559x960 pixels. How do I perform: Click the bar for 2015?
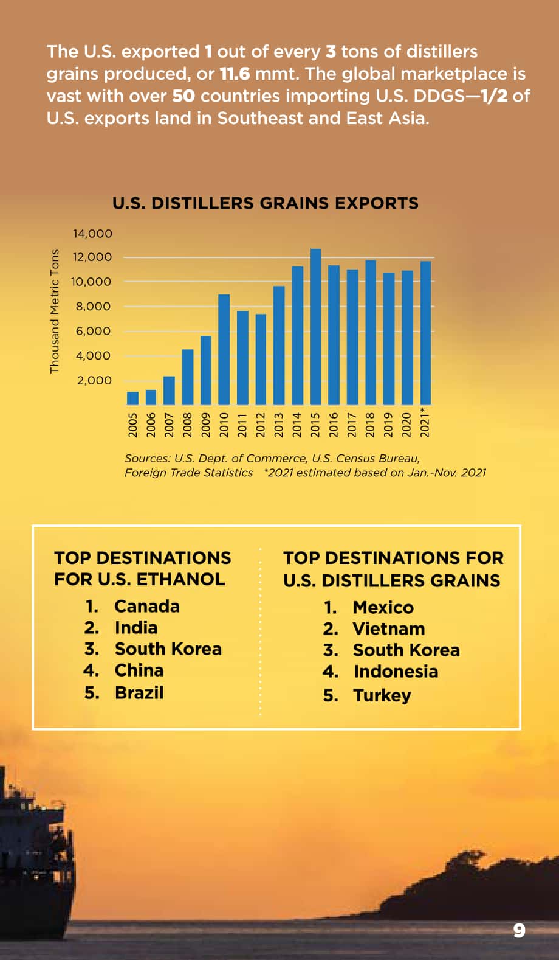[x=315, y=327]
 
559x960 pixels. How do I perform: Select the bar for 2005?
[x=132, y=398]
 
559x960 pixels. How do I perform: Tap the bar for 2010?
[x=224, y=349]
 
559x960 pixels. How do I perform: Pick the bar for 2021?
[x=425, y=333]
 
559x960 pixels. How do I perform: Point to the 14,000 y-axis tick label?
[x=92, y=234]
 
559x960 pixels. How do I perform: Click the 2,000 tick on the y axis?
[x=94, y=381]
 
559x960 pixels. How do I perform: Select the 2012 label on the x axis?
[x=261, y=425]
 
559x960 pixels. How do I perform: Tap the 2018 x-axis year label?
[x=370, y=425]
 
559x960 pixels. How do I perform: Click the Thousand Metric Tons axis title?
[x=54, y=311]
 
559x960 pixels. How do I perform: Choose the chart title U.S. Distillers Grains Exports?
[x=266, y=203]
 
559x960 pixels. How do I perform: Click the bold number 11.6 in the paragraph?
[x=235, y=74]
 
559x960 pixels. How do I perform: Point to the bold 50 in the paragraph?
[x=183, y=96]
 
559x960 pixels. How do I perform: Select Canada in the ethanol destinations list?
[x=147, y=607]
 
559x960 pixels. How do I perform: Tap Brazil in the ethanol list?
[x=139, y=693]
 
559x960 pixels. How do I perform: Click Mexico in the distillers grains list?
[x=383, y=608]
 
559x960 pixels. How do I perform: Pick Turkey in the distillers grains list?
[x=382, y=696]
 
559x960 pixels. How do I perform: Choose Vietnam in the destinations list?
[x=389, y=629]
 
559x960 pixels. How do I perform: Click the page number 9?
[x=519, y=931]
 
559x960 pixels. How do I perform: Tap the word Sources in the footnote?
[x=148, y=459]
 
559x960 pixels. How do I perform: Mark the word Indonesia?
[x=396, y=672]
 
